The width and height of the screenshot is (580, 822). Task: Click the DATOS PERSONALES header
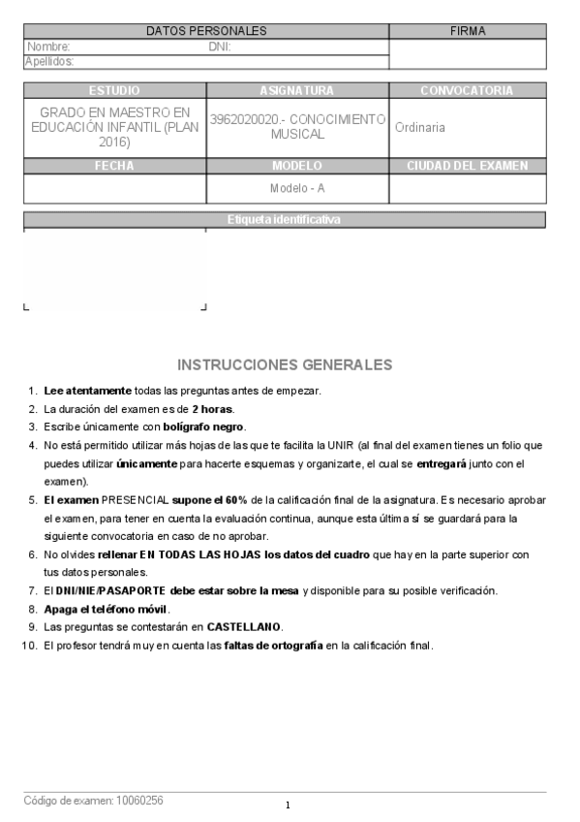(206, 31)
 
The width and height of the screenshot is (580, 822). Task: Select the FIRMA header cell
(468, 31)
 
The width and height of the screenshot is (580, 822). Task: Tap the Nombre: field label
(48, 47)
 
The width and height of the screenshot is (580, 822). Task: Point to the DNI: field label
(220, 47)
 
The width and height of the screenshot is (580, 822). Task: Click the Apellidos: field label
(49, 62)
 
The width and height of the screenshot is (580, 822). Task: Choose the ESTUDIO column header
(114, 90)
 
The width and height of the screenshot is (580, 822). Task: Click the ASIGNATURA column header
(297, 90)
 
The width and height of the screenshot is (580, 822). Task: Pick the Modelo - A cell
(297, 188)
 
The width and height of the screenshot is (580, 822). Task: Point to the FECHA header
(114, 166)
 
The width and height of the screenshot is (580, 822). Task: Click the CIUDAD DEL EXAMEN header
(467, 166)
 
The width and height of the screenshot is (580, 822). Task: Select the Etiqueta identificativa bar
(284, 220)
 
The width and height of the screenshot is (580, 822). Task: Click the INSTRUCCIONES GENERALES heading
(285, 365)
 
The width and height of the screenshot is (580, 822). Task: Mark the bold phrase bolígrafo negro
(204, 427)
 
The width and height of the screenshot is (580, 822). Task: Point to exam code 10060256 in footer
(139, 801)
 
